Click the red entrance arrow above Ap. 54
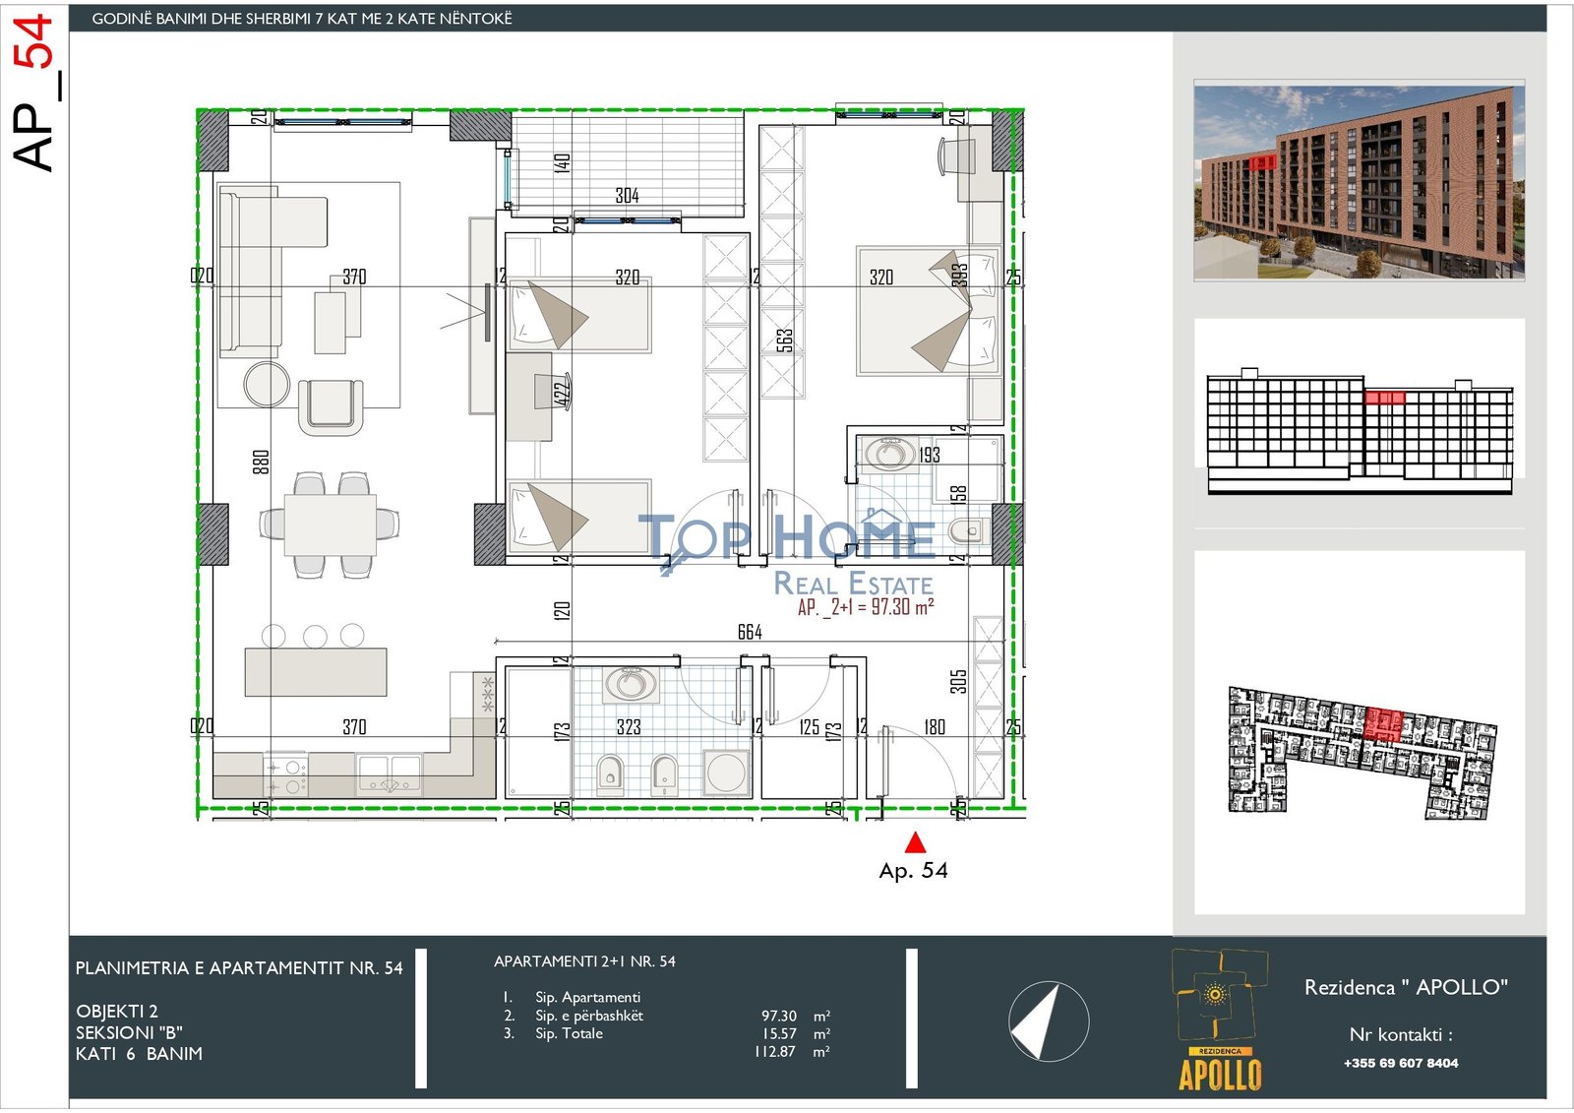[915, 842]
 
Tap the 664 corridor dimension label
[750, 632]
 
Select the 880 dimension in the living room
[261, 462]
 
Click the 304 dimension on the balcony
[627, 196]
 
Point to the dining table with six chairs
[330, 525]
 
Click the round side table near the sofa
[267, 384]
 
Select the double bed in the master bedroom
[925, 311]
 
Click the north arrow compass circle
[1049, 1021]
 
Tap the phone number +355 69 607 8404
[1401, 1063]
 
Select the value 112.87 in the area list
[775, 1051]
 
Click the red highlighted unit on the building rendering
[1262, 161]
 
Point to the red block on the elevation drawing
[1384, 398]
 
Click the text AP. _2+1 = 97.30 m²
[866, 607]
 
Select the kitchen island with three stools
[316, 671]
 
